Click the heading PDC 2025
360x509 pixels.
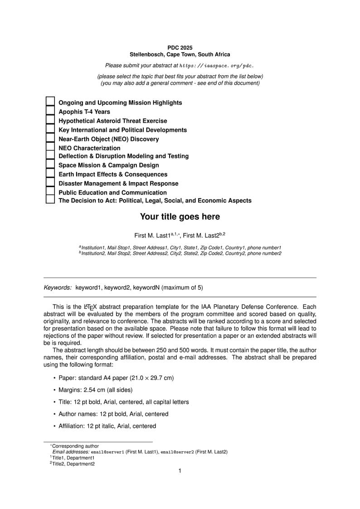pos(180,48)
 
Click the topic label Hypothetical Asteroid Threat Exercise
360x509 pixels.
pos(112,121)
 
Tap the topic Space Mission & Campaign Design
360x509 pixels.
pos(109,165)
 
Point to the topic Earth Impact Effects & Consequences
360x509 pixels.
pos(113,175)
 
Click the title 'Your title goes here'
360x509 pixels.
pos(180,217)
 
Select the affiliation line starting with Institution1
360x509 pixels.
pos(180,247)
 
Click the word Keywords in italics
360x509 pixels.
pos(58,287)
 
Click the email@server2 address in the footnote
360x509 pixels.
pos(177,452)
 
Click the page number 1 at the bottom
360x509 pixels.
pos(180,471)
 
